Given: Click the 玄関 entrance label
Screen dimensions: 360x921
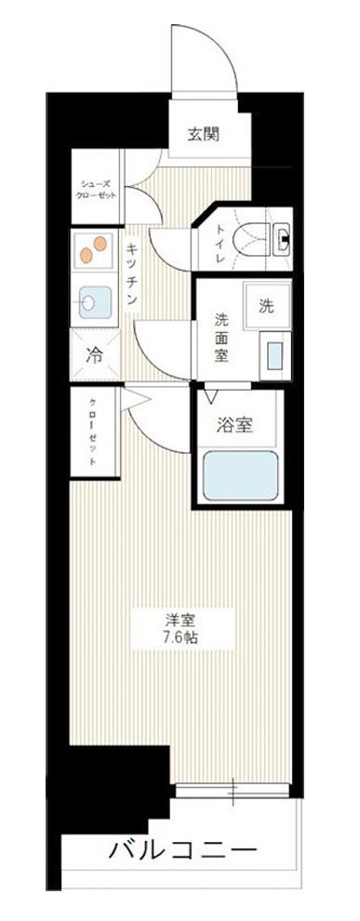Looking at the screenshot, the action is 204,135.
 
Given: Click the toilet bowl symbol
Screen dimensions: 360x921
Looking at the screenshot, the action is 252,242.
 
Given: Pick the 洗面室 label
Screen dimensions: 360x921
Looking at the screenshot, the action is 221,338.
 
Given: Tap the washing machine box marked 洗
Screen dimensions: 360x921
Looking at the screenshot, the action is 267,305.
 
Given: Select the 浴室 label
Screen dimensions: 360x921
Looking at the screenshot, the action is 234,426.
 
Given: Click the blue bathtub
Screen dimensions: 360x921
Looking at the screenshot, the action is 238,475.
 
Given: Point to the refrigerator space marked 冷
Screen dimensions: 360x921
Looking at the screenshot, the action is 95,354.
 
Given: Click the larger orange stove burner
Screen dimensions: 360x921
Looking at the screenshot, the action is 100,243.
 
